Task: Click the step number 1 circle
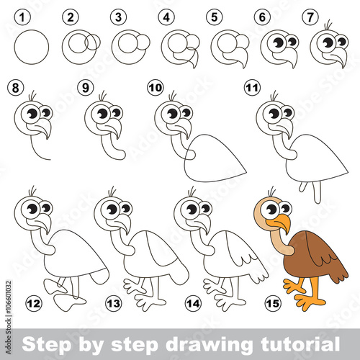22,17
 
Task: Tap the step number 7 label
310,17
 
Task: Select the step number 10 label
156,88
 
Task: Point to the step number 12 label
34,304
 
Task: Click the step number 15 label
273,304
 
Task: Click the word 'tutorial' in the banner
300,344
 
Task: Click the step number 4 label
166,17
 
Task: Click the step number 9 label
86,88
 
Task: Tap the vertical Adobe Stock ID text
9,318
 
